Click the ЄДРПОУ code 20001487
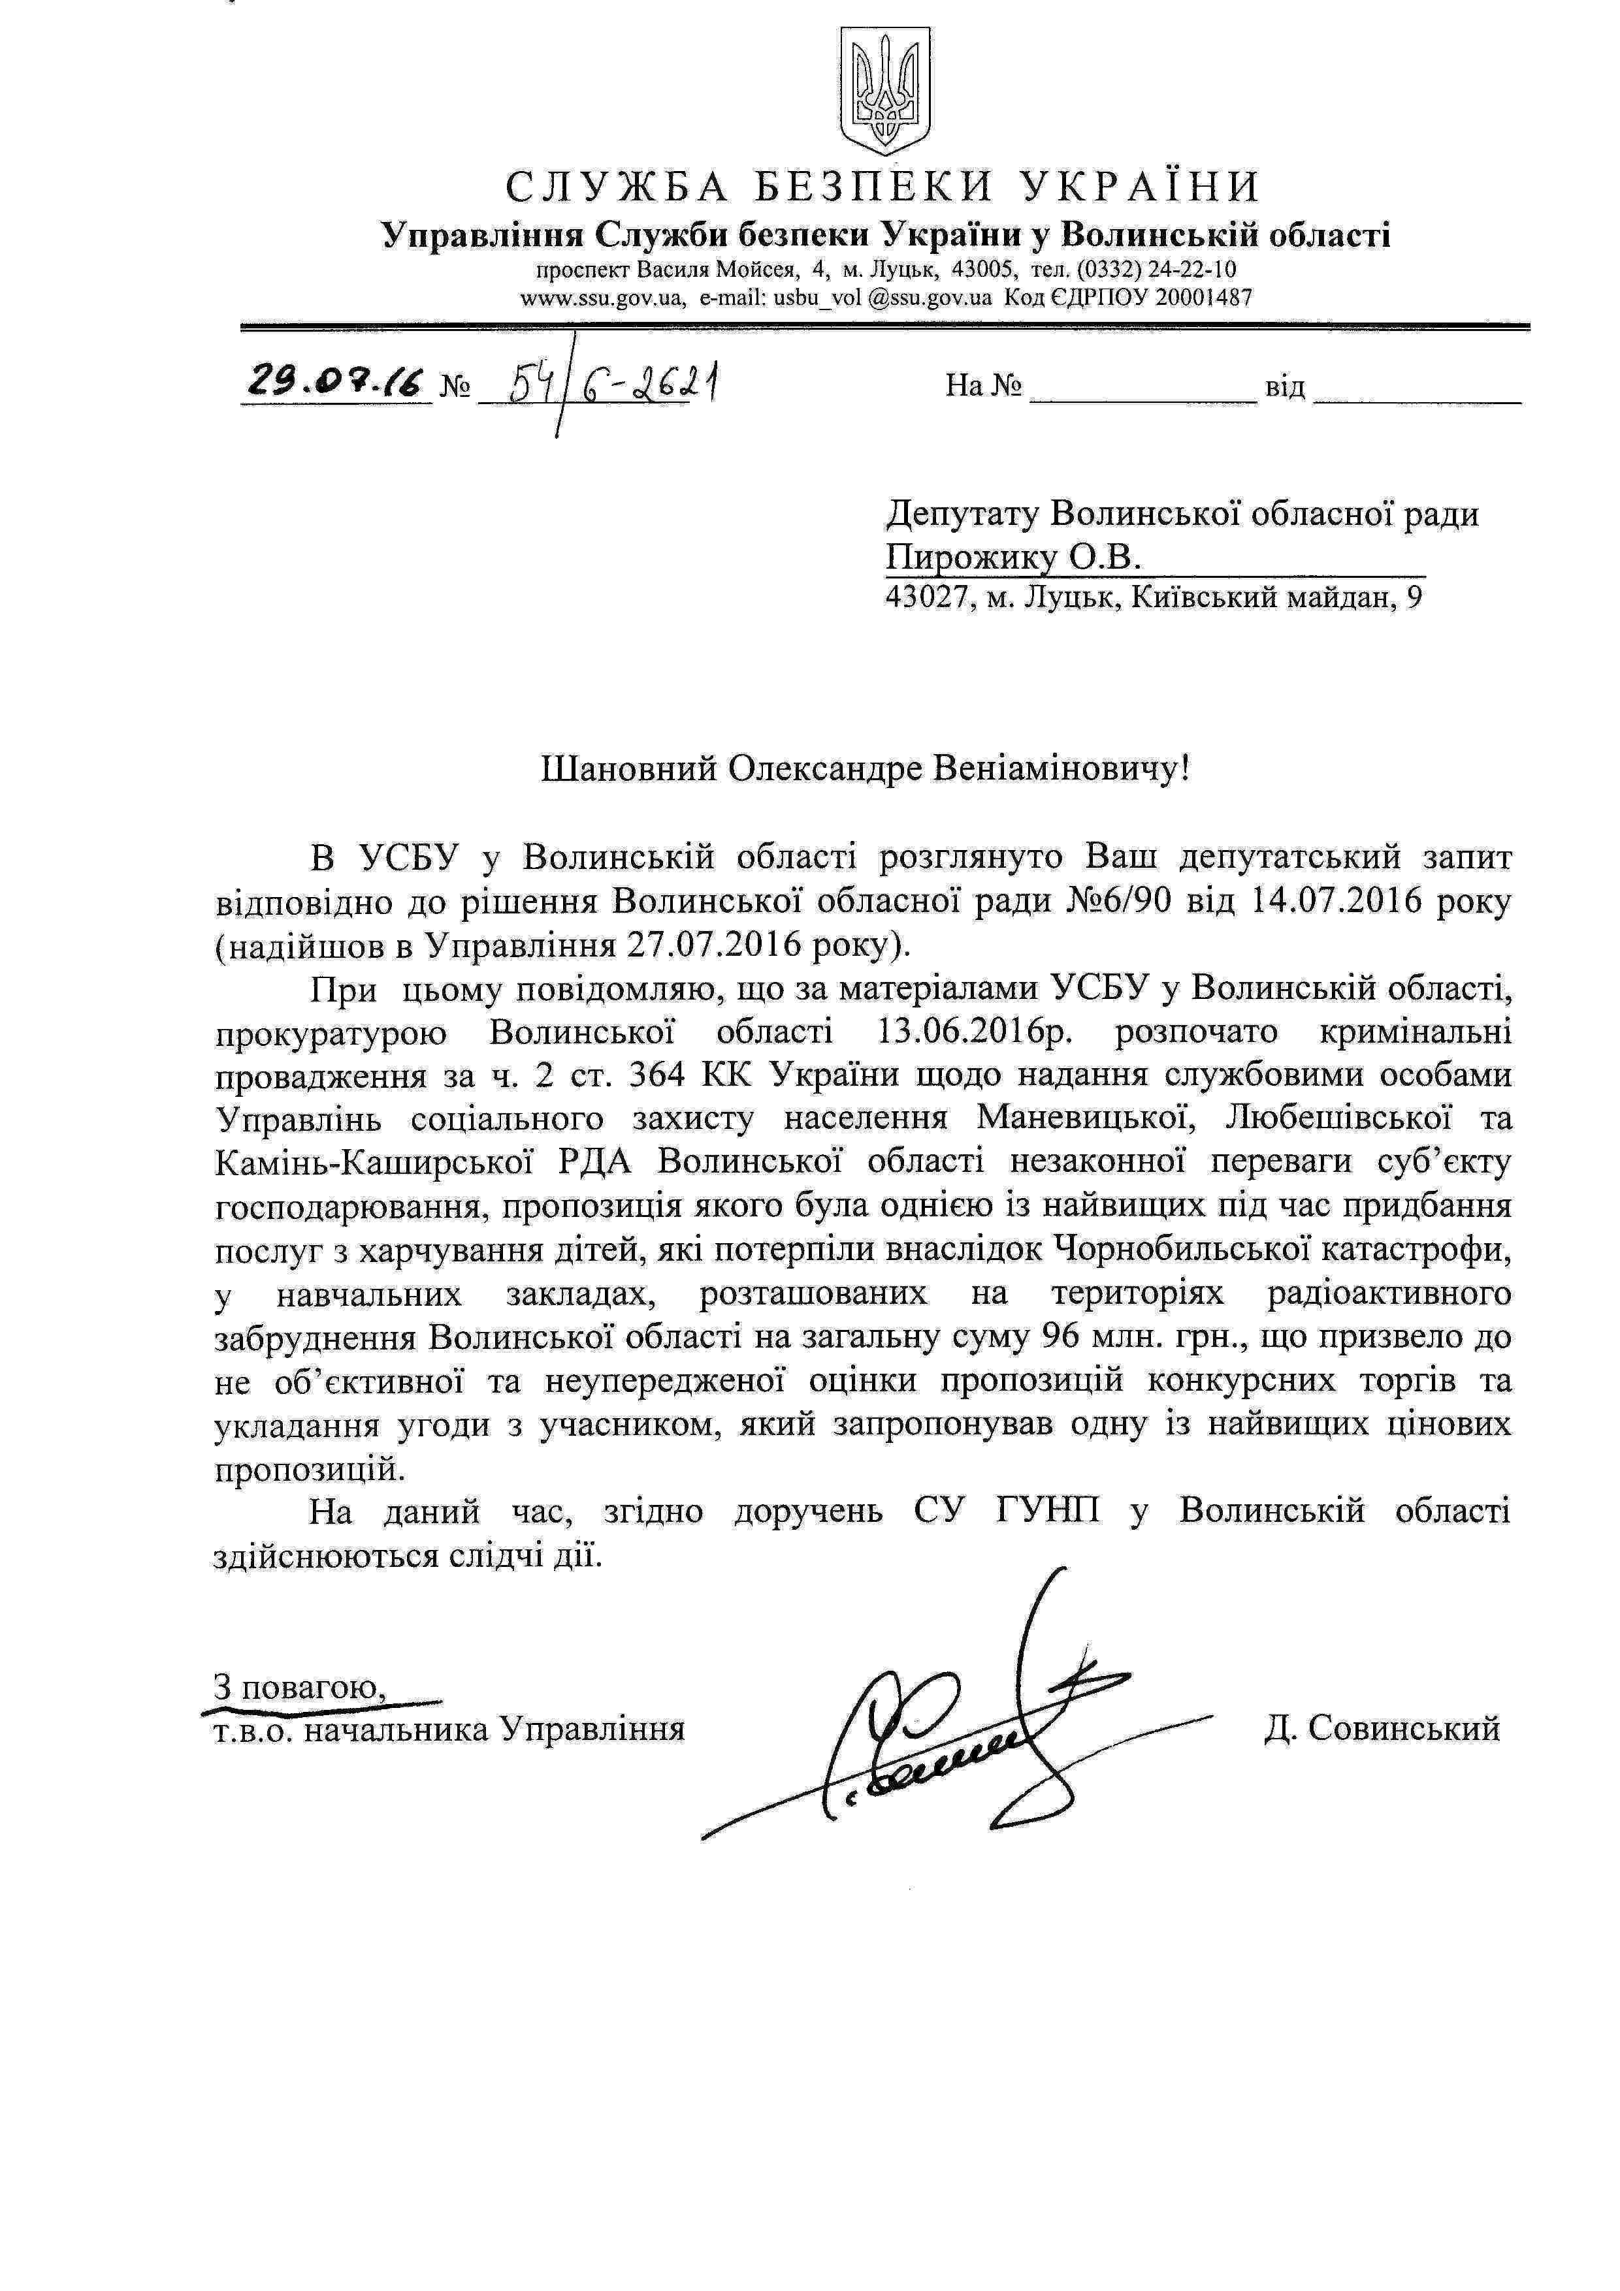tap(1203, 297)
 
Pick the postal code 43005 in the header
tap(983, 270)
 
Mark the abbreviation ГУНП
tap(1048, 1511)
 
